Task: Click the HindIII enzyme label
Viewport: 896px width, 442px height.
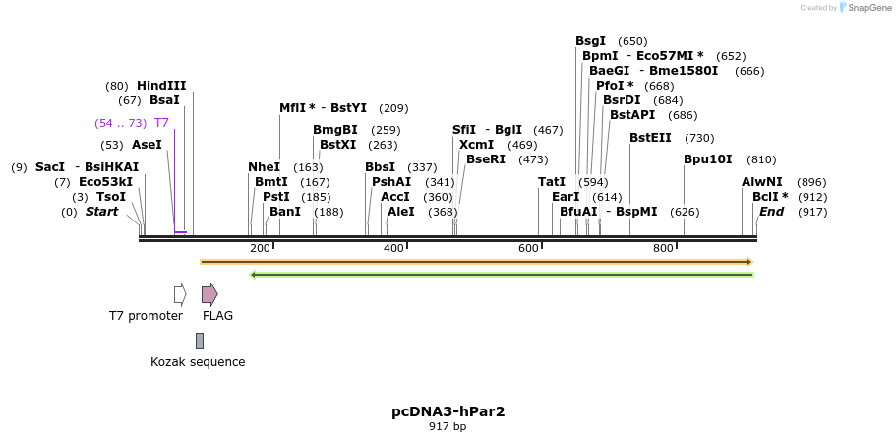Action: coord(161,86)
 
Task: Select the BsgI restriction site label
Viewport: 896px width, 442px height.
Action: coord(590,41)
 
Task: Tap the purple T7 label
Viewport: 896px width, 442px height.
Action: coord(162,123)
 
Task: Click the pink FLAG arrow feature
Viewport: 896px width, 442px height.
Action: coord(209,294)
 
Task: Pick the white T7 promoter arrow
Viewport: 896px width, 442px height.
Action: coord(180,294)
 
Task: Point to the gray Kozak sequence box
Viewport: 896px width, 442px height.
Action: coord(200,341)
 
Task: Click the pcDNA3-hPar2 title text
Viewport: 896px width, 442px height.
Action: coord(448,411)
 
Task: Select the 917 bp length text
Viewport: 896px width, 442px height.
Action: coord(448,427)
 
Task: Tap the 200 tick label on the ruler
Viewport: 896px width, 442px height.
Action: coord(260,249)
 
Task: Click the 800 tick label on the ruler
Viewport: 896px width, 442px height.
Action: coord(663,249)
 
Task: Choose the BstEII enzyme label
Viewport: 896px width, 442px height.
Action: coord(650,138)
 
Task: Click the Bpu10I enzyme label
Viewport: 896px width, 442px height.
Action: coord(708,159)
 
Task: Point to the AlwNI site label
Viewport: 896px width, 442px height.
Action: coord(762,182)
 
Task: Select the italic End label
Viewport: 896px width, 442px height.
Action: coord(771,212)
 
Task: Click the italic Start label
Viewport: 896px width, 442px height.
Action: coord(101,212)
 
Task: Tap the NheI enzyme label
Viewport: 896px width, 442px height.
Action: coord(264,167)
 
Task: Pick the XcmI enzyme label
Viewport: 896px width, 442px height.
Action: coord(477,145)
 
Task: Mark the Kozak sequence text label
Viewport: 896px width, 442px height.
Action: coord(198,362)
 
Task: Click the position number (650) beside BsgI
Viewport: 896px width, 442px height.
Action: coord(632,41)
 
